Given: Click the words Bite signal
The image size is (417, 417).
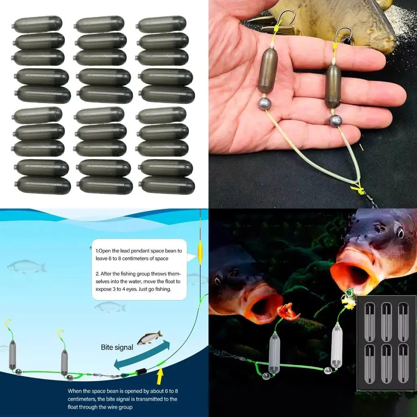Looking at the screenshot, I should pos(117,347).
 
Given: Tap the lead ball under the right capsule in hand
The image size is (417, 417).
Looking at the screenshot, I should pos(335,121).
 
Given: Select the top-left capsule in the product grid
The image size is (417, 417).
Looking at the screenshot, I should pos(37,24).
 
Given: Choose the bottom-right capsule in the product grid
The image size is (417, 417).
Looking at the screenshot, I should pos(167,185).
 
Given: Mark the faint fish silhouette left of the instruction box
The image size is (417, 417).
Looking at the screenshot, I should pos(27,266).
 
